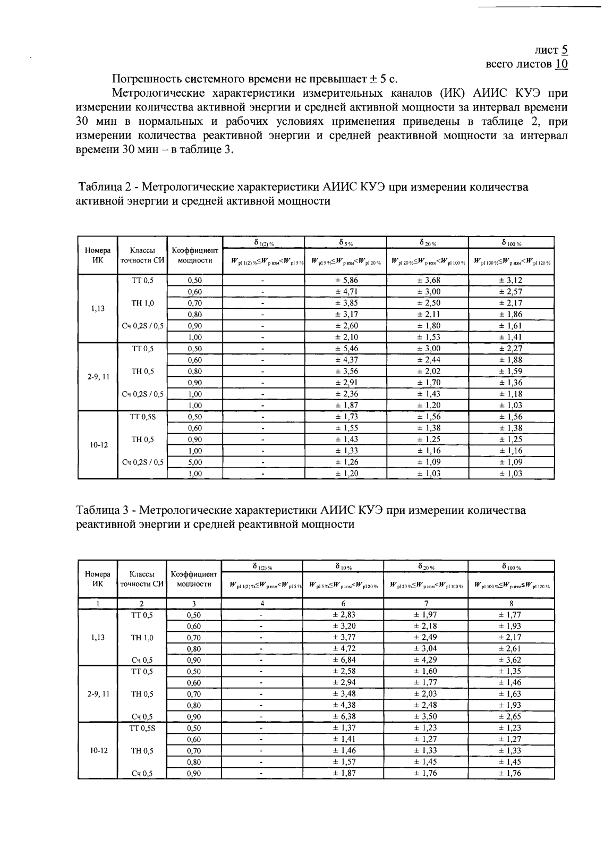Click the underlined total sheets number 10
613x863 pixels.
[x=561, y=64]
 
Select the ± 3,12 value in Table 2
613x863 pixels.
[x=510, y=280]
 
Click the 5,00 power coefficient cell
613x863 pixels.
[x=195, y=462]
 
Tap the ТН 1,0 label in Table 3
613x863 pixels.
[x=142, y=638]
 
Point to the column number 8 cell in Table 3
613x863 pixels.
[x=511, y=604]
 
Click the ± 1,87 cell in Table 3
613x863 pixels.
[x=344, y=773]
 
